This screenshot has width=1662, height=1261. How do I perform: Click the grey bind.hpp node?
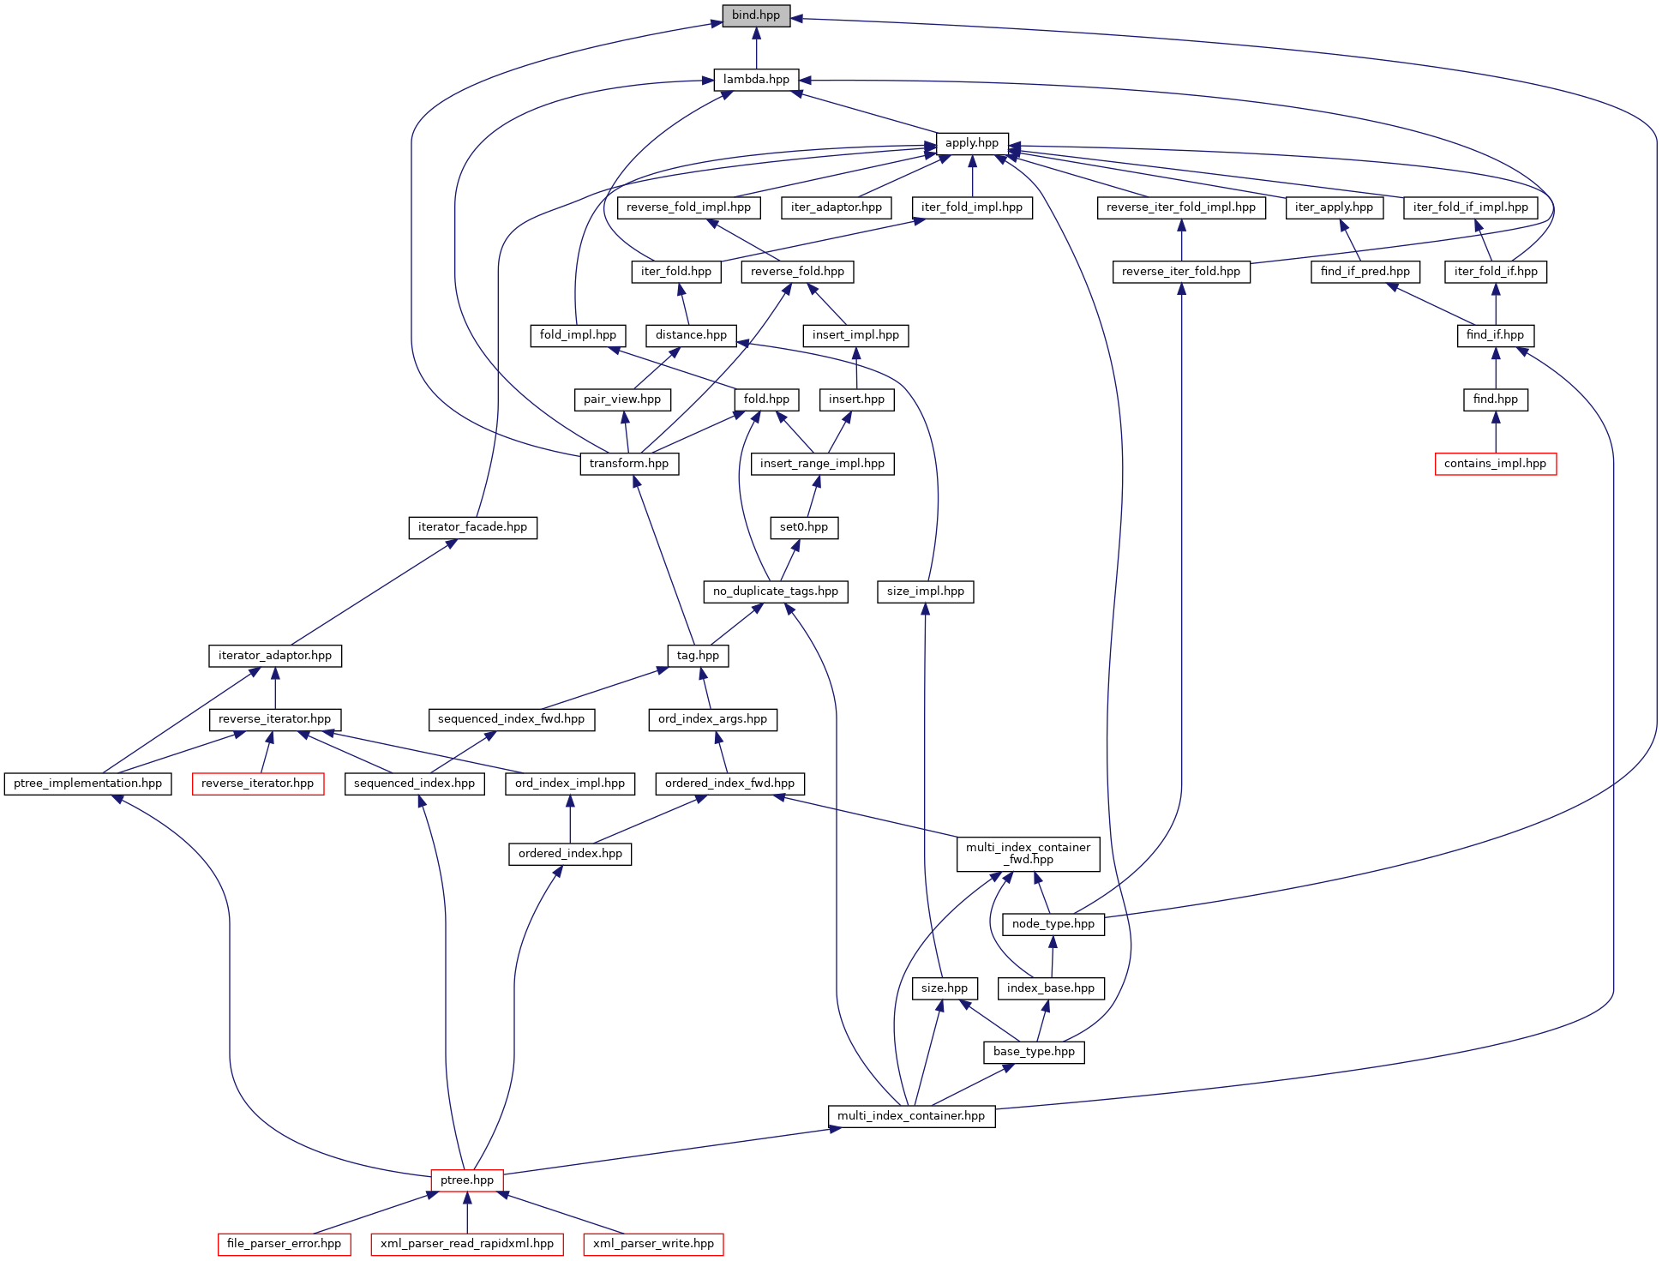pos(755,15)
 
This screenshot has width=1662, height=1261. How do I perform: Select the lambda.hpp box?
pos(756,80)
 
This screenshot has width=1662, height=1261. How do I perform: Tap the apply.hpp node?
pos(971,143)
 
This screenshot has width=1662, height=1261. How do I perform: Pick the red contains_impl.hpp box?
pos(1495,464)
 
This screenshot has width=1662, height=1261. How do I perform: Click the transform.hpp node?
pos(628,464)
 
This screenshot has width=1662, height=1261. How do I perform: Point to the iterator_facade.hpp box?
pos(472,527)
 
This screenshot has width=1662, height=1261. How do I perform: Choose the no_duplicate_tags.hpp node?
pos(775,591)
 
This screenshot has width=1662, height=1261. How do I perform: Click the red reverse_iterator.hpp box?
pos(257,784)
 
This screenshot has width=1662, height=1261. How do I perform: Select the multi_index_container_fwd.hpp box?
pos(1028,854)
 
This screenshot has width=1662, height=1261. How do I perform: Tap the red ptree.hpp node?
pos(466,1180)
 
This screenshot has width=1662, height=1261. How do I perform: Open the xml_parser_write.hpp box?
pos(653,1244)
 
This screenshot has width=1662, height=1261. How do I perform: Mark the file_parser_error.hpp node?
pos(284,1244)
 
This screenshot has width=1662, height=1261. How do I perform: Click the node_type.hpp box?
pos(1053,924)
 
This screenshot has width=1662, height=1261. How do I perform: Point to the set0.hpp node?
pos(803,527)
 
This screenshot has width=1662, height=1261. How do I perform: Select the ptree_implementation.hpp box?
pos(87,784)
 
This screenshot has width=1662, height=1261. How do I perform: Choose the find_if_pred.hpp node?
pos(1365,272)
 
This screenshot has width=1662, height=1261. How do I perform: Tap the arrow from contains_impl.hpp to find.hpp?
pos(1495,432)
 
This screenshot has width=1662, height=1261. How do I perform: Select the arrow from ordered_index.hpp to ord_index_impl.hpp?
pos(570,819)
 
